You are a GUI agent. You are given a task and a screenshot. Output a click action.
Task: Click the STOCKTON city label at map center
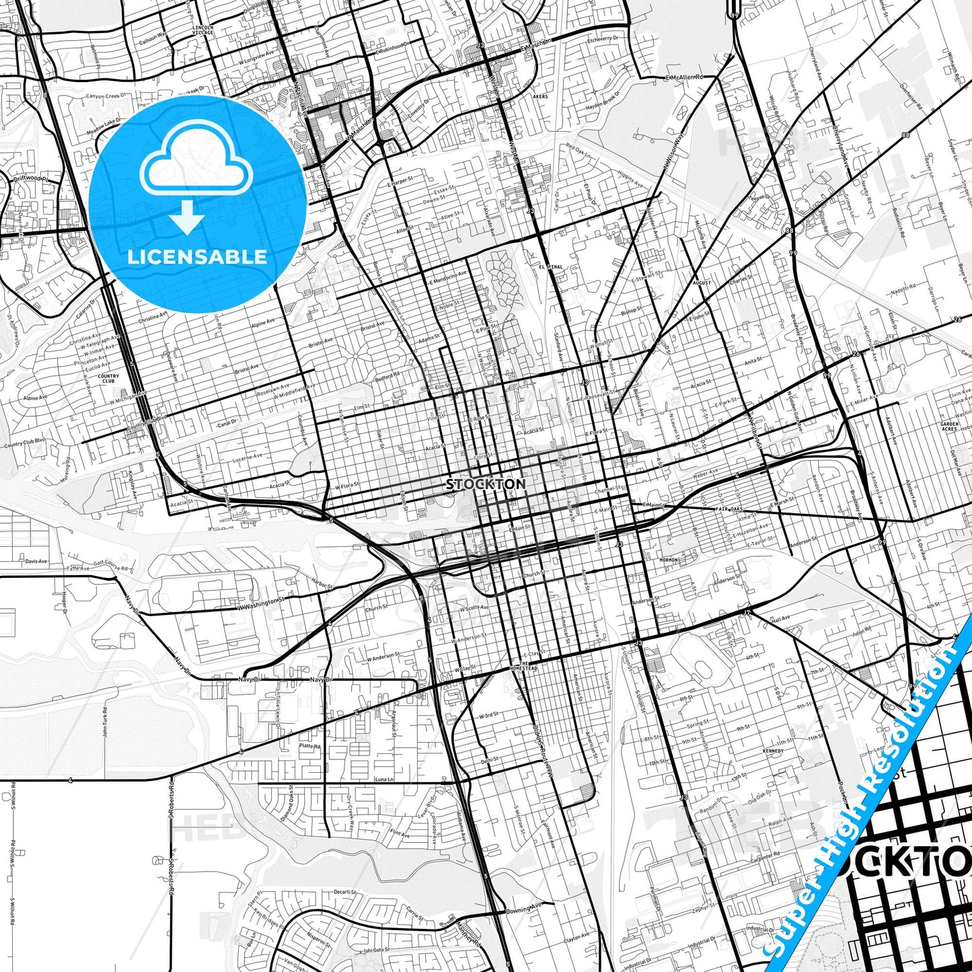(x=486, y=484)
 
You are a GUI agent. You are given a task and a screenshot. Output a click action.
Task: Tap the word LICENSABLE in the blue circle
(x=197, y=257)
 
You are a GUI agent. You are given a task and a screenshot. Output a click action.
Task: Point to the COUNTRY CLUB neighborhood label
(x=108, y=379)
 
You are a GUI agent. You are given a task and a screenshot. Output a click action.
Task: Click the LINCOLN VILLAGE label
(x=202, y=30)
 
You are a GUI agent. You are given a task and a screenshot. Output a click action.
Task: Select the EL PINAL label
(x=550, y=267)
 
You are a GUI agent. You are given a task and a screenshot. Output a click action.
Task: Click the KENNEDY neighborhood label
(x=773, y=751)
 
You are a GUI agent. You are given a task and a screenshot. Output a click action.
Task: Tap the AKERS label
(x=540, y=96)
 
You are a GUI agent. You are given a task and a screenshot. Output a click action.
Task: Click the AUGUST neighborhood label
(x=701, y=283)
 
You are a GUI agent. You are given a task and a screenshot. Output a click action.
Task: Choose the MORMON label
(x=669, y=560)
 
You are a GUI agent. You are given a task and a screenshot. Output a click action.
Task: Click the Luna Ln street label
(x=383, y=779)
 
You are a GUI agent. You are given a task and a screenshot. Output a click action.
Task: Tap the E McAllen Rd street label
(x=683, y=77)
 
